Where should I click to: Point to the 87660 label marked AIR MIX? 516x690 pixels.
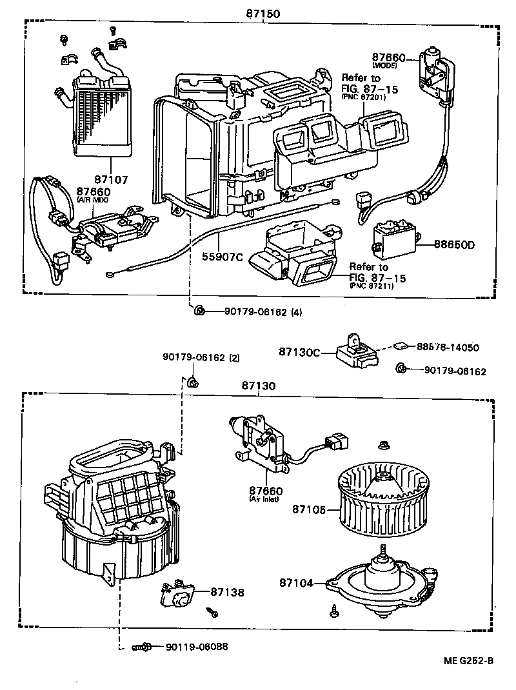tap(94, 192)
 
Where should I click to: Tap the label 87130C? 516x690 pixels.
tap(300, 351)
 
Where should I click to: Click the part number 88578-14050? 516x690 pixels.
tap(447, 347)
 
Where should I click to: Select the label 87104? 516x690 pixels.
tap(297, 583)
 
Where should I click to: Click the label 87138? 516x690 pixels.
tap(227, 591)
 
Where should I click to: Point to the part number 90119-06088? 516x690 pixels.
tap(197, 647)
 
